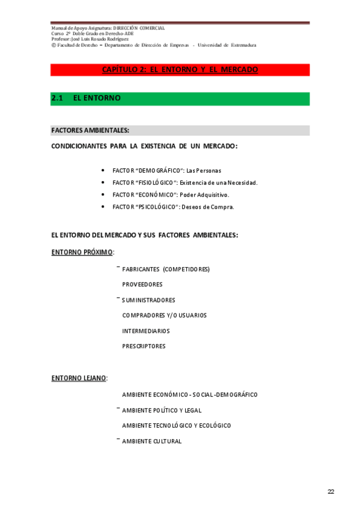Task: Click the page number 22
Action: tap(331, 491)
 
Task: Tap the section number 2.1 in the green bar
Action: tap(58, 97)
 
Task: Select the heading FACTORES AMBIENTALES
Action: tap(90, 130)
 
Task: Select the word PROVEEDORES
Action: tap(142, 284)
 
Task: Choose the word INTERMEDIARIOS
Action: tap(146, 331)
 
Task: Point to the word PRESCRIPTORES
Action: tap(144, 346)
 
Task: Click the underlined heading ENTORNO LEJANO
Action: tap(79, 378)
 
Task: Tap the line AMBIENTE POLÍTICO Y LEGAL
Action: tap(162, 410)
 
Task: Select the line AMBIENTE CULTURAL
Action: tap(151, 441)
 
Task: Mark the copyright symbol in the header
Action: tap(53, 45)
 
